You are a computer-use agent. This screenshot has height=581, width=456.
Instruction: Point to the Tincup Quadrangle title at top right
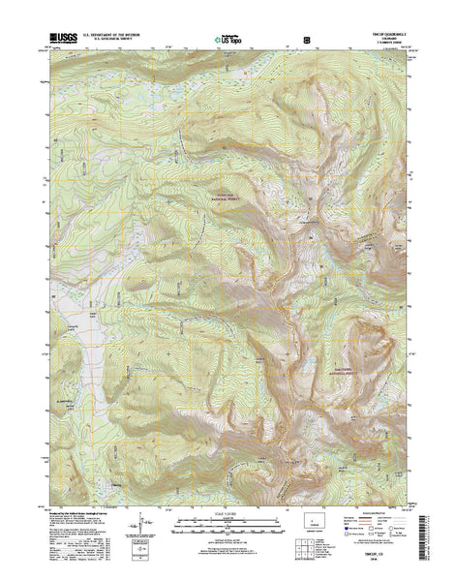coord(374,37)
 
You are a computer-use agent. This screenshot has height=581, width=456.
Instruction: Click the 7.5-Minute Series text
coord(374,46)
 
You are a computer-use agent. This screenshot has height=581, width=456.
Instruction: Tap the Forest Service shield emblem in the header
coord(306,42)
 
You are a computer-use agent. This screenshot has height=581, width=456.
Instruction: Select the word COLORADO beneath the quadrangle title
coord(374,42)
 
